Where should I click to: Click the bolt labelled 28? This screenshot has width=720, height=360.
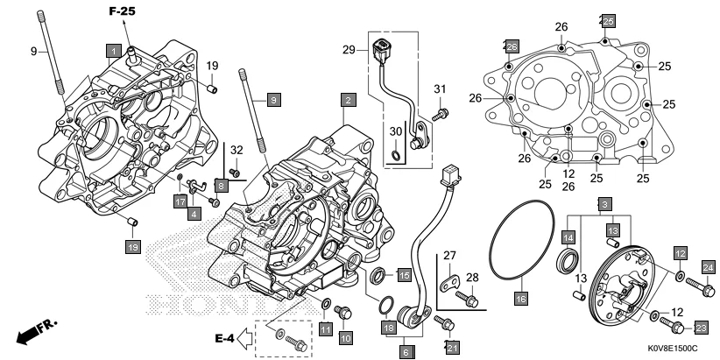pyautogui.click(x=469, y=300)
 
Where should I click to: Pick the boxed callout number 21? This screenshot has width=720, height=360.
pyautogui.click(x=452, y=349)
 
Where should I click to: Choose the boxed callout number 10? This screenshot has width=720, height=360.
pyautogui.click(x=345, y=336)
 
